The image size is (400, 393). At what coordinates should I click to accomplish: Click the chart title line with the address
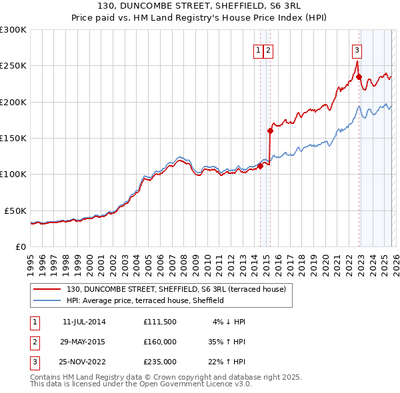pyautogui.click(x=200, y=7)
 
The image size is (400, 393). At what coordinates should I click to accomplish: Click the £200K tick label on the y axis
pyautogui.click(x=13, y=102)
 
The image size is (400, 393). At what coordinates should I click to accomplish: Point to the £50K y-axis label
pyautogui.click(x=15, y=210)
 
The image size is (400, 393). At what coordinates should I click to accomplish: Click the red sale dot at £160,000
pyautogui.click(x=271, y=131)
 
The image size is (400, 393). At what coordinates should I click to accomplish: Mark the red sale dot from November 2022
pyautogui.click(x=359, y=77)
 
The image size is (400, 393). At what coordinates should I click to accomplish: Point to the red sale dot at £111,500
pyautogui.click(x=260, y=166)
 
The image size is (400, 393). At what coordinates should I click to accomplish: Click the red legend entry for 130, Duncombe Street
pyautogui.click(x=176, y=289)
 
